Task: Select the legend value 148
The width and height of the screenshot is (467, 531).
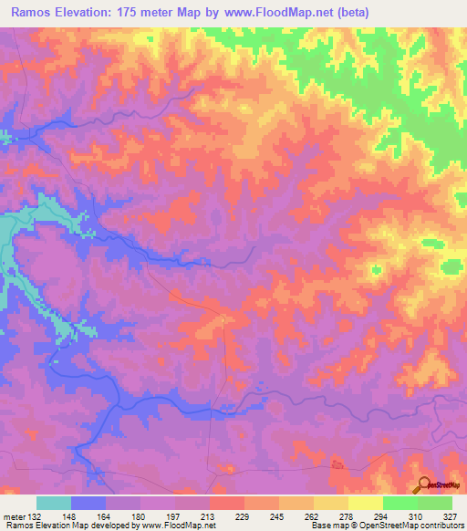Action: coord(72,515)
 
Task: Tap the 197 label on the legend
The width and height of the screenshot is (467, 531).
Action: coord(176,515)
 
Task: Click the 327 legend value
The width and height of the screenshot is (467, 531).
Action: coord(452,515)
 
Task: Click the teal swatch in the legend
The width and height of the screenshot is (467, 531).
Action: coord(54,503)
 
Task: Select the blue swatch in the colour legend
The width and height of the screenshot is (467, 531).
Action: coord(88,503)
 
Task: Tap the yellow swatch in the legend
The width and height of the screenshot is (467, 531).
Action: coord(366,503)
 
